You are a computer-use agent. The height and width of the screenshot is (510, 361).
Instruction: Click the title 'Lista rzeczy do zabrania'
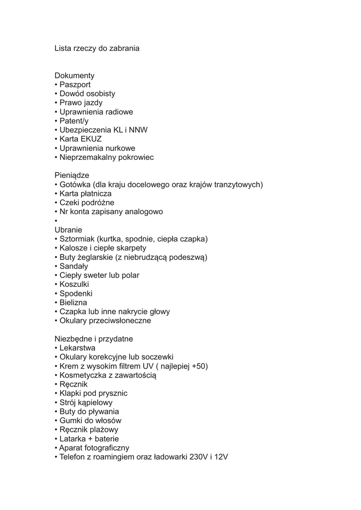(x=97, y=48)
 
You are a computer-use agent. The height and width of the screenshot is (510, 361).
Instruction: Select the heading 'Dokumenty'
(x=74, y=76)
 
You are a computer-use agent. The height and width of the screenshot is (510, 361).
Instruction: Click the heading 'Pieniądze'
(x=72, y=175)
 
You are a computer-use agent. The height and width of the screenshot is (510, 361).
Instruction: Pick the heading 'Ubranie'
(x=68, y=230)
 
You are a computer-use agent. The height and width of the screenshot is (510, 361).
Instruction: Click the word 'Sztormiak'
(x=77, y=239)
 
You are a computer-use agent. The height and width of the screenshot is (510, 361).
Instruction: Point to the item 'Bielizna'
(x=73, y=302)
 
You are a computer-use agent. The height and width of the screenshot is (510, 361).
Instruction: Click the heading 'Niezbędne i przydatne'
(x=94, y=339)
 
